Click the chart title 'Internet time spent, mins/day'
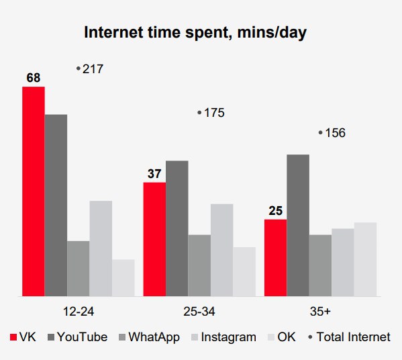click(x=195, y=33)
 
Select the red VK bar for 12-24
click(x=34, y=191)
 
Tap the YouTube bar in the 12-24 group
click(x=56, y=206)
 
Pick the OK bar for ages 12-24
click(x=123, y=278)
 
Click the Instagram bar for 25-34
click(x=221, y=250)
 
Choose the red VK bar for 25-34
click(x=154, y=239)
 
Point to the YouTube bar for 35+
click(x=298, y=225)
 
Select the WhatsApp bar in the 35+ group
click(x=321, y=265)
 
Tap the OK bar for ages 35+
click(x=365, y=259)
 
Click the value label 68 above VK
click(x=34, y=78)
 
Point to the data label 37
click(x=154, y=174)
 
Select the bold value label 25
click(x=276, y=211)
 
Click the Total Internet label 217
click(x=93, y=69)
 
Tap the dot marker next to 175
click(x=199, y=112)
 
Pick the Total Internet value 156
click(x=336, y=133)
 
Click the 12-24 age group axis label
click(x=79, y=312)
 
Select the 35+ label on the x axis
click(x=320, y=312)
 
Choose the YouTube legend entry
click(x=78, y=337)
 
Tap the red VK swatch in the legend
click(x=13, y=337)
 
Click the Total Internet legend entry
click(x=349, y=337)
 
